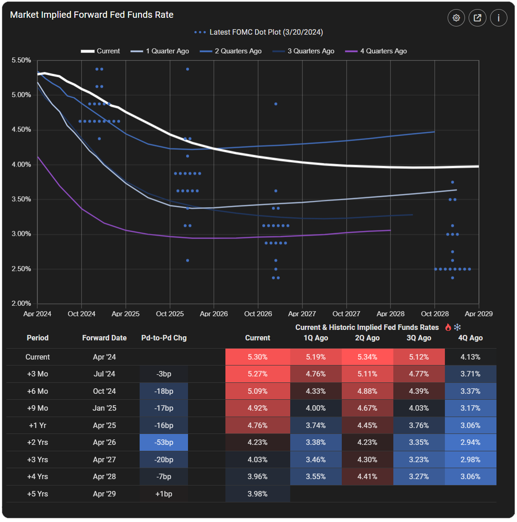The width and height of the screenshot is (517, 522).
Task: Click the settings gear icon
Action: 456,18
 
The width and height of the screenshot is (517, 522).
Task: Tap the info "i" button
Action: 498,18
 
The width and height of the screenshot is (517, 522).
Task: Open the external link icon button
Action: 477,18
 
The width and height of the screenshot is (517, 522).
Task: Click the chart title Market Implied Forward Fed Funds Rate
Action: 92,15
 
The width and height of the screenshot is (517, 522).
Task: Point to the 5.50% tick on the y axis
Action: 21,60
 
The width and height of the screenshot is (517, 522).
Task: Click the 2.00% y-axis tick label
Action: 21,303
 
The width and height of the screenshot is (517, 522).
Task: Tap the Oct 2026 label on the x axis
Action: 258,314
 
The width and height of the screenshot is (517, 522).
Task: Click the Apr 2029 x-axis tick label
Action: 478,314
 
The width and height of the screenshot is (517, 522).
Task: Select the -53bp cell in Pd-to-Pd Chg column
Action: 164,442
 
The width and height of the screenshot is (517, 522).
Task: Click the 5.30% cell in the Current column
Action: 257,357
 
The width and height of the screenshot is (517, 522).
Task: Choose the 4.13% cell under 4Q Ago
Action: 470,357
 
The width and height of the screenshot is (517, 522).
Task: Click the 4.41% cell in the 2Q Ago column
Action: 367,476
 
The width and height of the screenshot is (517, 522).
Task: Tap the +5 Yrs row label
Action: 37,494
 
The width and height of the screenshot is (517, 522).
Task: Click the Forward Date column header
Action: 104,338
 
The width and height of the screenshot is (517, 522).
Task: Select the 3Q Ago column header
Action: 418,338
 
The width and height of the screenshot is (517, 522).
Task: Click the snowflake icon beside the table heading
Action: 457,327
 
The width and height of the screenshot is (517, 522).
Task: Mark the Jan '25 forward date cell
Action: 104,408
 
